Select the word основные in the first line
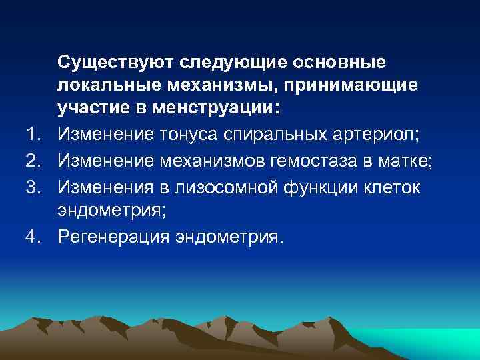click(339, 62)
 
